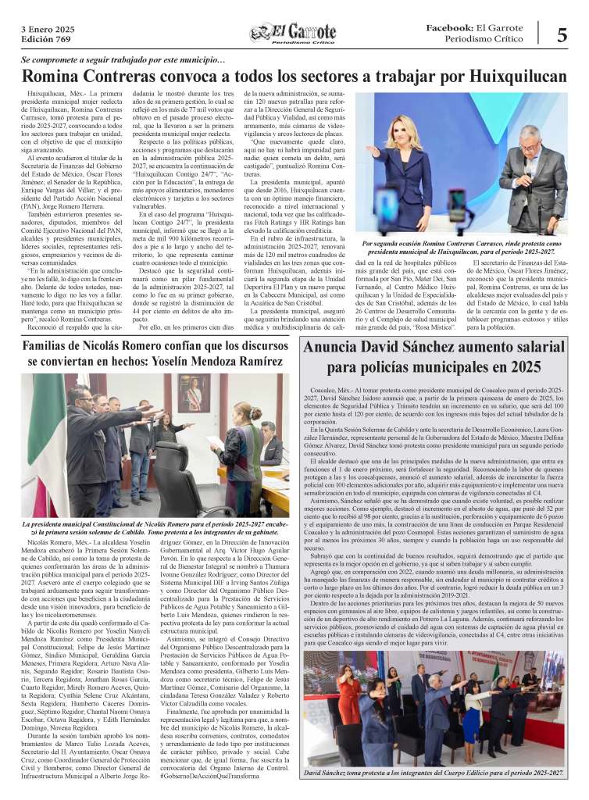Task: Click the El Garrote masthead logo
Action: click(294, 34)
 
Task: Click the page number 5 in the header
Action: click(562, 35)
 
